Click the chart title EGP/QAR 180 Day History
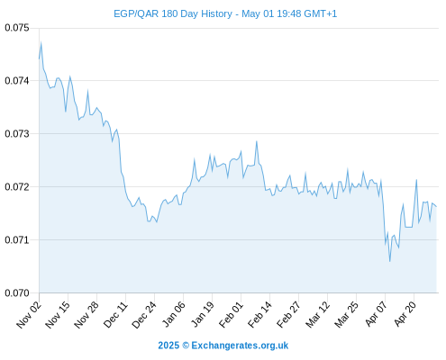coord(173,13)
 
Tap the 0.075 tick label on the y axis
coord(17,28)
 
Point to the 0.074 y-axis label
coord(17,81)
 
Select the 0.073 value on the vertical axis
coord(17,134)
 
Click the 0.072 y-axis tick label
coord(17,187)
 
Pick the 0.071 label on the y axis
coord(17,240)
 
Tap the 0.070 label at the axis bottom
coord(17,293)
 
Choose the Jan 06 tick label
coord(174,314)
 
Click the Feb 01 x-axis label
coord(231,314)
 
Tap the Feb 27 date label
coord(288,314)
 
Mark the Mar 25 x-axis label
coord(347,314)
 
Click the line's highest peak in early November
coord(41,42)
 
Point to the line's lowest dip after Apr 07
coord(390,261)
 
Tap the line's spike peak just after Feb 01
coord(257,141)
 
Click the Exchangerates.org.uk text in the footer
coord(240,346)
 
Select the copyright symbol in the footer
coord(186,346)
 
